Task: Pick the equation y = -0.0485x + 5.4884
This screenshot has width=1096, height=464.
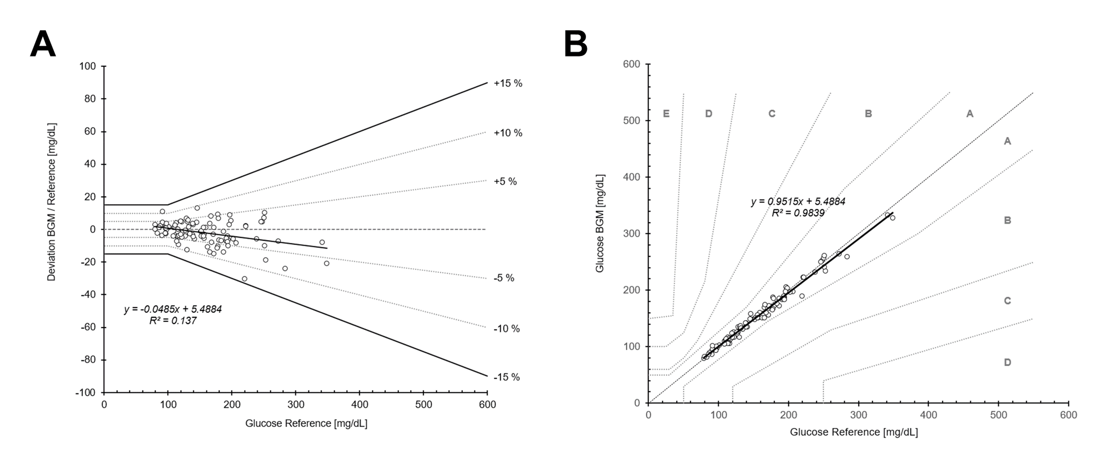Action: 173,310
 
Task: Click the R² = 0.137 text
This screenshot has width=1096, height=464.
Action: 173,321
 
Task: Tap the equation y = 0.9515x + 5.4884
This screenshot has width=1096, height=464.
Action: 798,201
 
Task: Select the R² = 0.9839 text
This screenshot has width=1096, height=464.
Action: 798,213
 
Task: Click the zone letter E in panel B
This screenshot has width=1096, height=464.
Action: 666,114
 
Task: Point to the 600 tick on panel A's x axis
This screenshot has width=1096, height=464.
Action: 487,404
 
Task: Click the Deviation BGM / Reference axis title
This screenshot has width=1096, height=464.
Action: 52,202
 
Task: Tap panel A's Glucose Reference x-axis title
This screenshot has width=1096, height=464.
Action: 306,423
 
